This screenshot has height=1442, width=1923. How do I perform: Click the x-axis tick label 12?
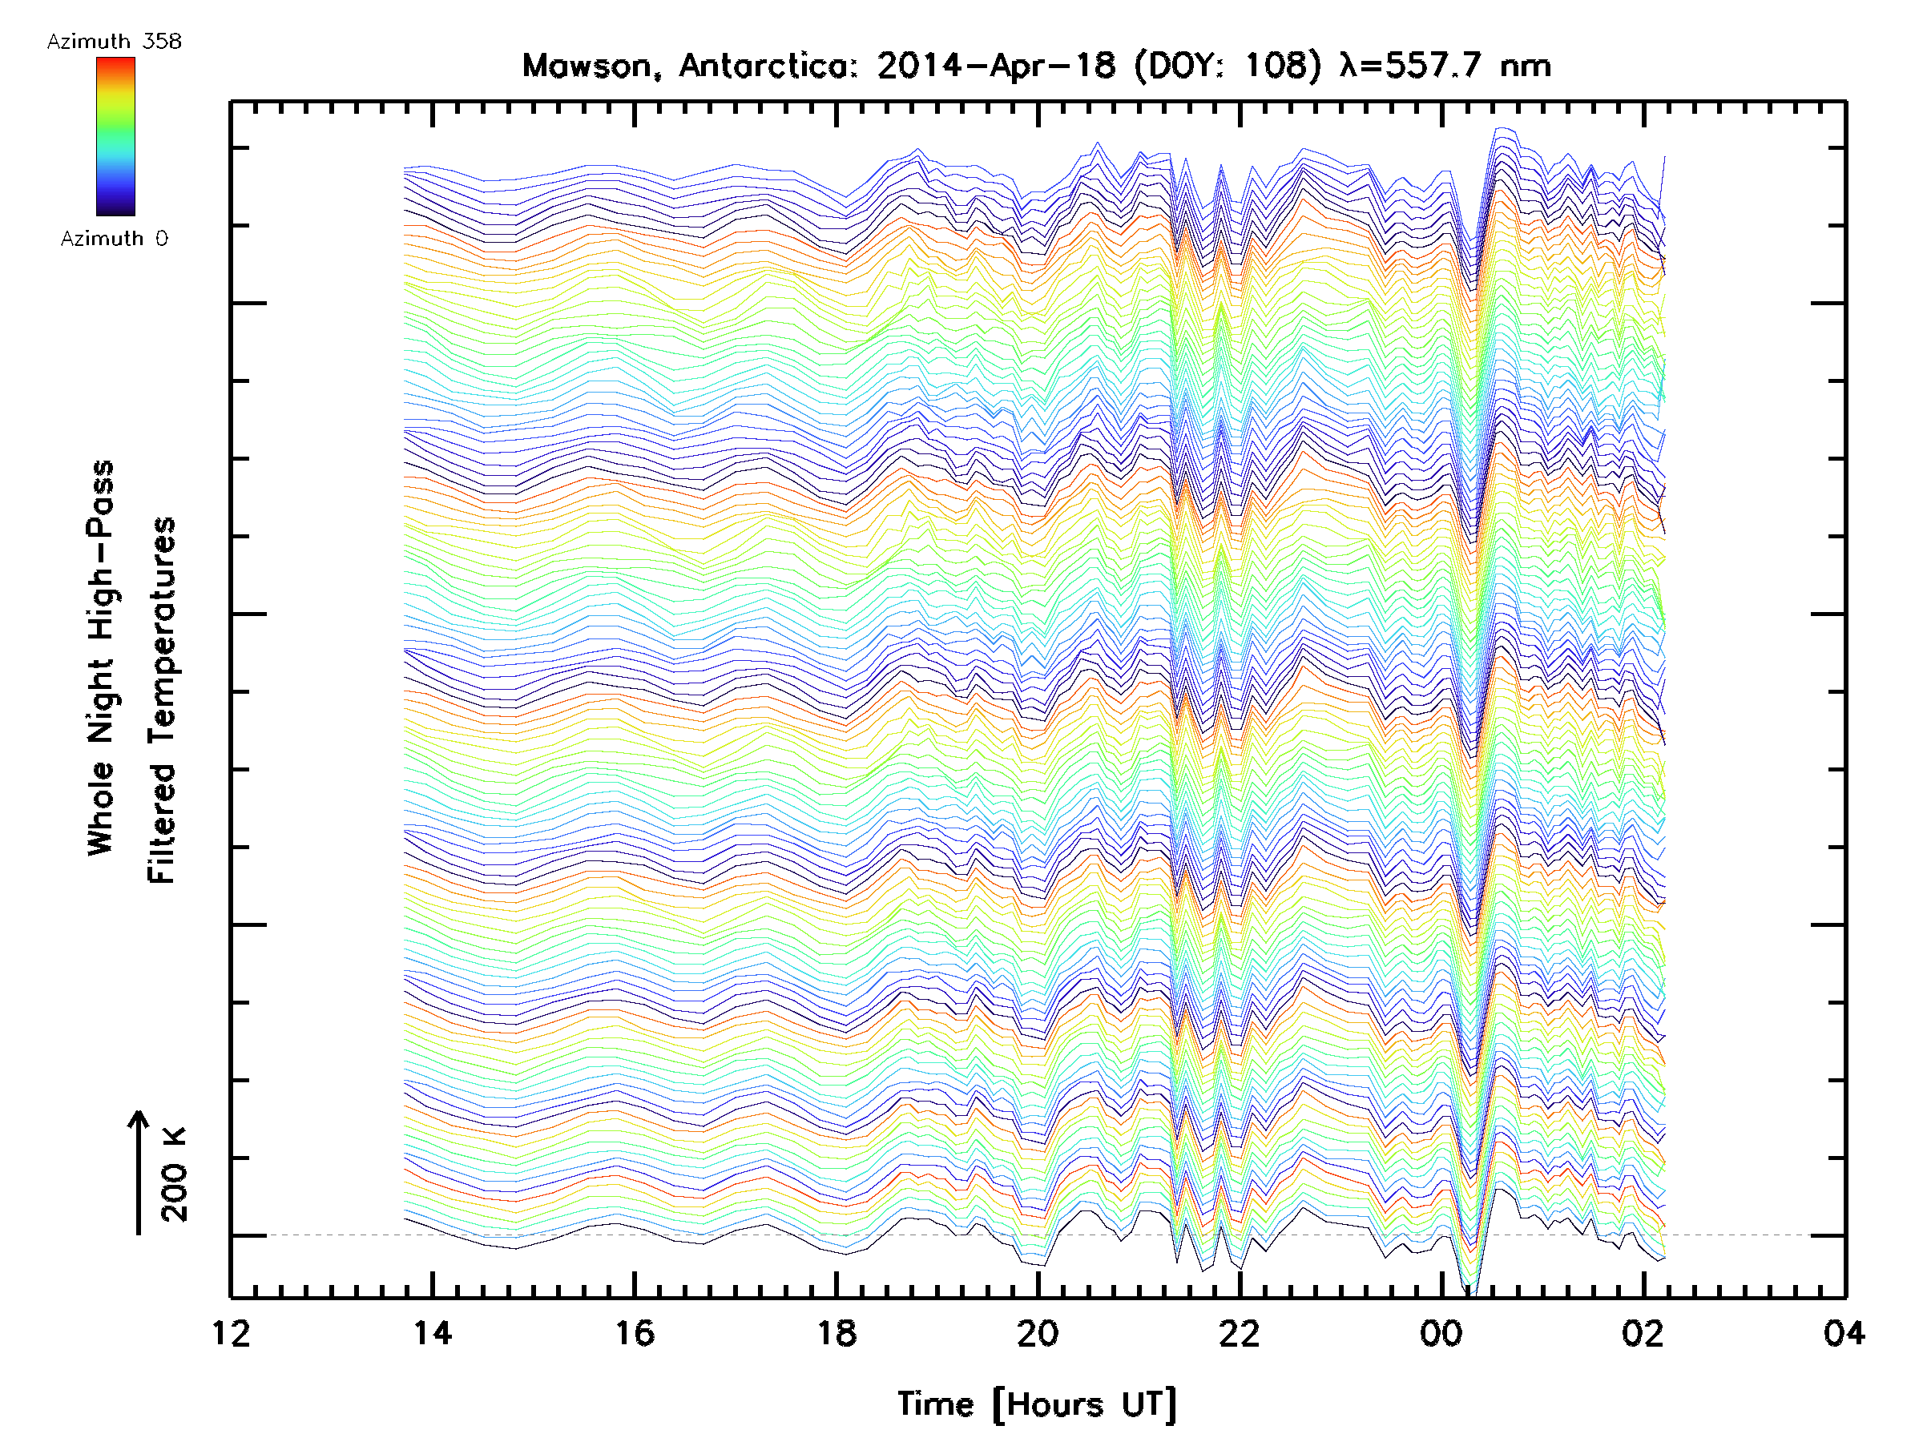(231, 1332)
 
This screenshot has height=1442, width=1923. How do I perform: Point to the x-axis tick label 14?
(432, 1332)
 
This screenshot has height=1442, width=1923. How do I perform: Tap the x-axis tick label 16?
(635, 1332)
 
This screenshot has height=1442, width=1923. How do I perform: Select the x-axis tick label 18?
(837, 1332)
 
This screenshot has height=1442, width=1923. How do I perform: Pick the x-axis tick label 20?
(1038, 1332)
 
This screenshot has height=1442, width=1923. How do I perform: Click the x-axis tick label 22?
(1240, 1332)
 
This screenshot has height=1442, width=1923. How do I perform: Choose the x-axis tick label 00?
(1441, 1332)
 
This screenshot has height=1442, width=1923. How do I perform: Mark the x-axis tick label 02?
(1643, 1332)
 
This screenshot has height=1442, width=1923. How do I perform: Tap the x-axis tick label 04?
(1844, 1332)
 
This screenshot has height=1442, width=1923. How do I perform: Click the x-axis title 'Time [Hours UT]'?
(1037, 1404)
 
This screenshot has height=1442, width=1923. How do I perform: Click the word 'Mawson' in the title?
(587, 66)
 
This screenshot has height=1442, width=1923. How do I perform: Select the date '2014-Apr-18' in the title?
(995, 66)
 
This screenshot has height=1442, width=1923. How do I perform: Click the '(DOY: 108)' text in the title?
(1221, 66)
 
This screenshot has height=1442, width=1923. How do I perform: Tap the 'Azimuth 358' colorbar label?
(114, 42)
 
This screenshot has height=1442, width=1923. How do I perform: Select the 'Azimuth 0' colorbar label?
(114, 238)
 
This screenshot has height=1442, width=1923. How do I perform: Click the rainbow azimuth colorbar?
(115, 136)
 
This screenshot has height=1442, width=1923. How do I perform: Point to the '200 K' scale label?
(175, 1174)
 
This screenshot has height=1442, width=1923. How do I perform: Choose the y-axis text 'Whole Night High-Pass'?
(101, 658)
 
